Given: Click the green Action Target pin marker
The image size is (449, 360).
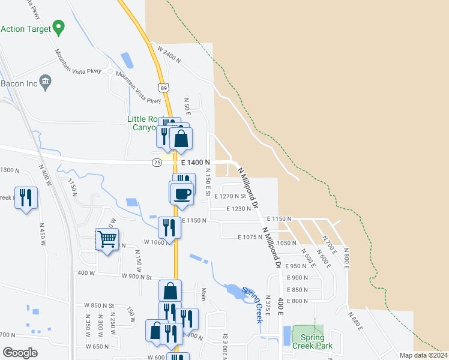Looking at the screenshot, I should point(58,27).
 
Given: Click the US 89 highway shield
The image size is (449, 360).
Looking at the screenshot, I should point(163,88).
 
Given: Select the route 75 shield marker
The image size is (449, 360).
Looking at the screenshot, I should point(157,163).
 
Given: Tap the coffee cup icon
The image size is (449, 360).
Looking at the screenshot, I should point(182,193).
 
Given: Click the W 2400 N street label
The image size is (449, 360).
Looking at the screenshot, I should point(169,54).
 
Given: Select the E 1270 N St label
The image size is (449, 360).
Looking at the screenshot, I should point(230,196).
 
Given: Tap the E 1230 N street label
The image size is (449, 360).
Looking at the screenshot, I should point(239,209).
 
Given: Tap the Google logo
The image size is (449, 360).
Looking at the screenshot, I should point(20,352).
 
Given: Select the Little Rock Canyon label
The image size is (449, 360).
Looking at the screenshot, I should point(146,123).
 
